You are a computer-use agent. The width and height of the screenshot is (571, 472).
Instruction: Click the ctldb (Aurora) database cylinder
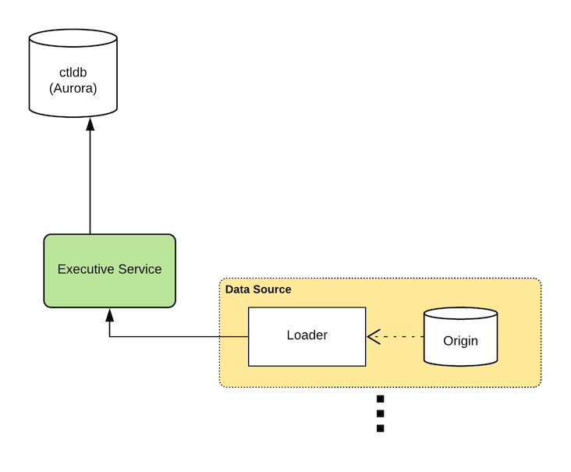tap(73, 74)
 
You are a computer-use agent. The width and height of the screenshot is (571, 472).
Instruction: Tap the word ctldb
tap(73, 73)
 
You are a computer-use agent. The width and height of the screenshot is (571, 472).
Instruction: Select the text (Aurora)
tap(73, 88)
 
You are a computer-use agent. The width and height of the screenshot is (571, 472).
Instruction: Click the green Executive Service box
tap(109, 269)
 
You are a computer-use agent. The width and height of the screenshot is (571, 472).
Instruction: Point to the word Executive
tap(84, 269)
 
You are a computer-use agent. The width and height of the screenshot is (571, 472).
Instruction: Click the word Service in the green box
tap(137, 269)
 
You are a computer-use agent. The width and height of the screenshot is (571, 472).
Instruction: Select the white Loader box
tap(307, 336)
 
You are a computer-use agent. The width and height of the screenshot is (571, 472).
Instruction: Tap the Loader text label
tap(307, 335)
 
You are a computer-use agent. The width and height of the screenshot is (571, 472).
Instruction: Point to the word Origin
tap(460, 341)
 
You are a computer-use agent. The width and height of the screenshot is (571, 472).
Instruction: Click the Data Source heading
tap(258, 289)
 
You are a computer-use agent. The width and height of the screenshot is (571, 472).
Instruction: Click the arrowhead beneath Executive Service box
tap(110, 315)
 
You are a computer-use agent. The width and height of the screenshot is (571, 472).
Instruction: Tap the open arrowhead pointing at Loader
tap(373, 337)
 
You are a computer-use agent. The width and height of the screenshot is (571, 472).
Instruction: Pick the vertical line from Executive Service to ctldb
tap(90, 179)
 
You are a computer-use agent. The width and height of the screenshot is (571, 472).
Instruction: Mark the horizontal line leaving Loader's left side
tap(179, 337)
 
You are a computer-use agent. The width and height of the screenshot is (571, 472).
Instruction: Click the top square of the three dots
tap(380, 399)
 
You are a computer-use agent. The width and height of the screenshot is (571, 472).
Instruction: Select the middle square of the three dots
tap(380, 413)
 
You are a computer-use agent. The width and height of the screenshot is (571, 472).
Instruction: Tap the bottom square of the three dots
tap(380, 428)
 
